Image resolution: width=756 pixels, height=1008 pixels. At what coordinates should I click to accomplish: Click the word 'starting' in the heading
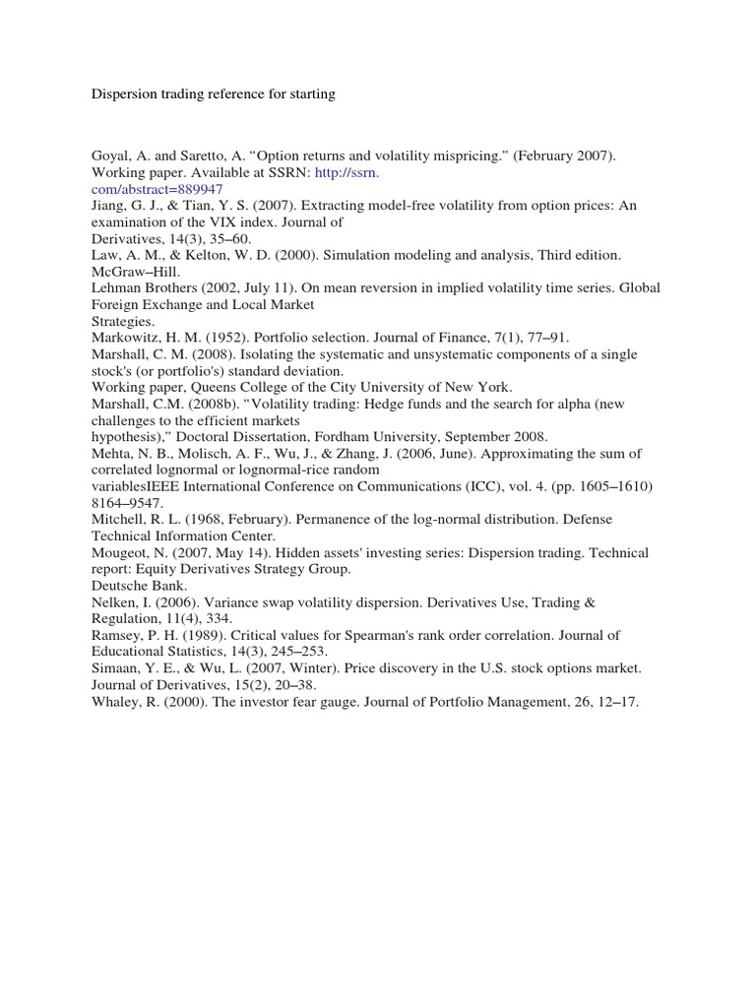coord(309,94)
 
